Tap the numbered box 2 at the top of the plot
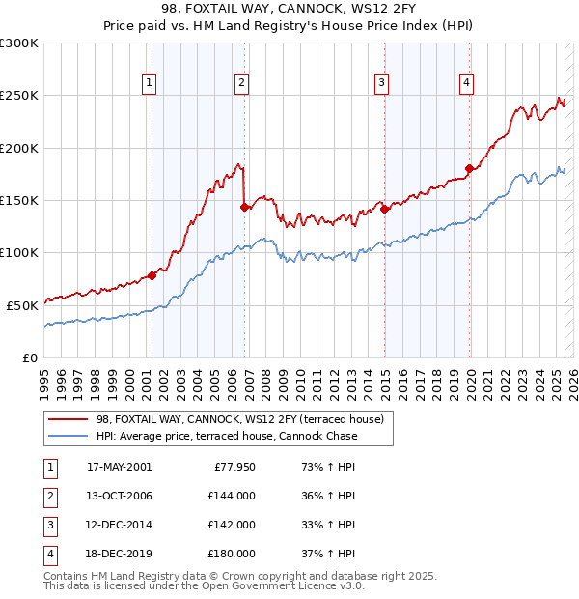click(241, 84)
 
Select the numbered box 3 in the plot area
click(382, 84)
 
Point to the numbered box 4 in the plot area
click(466, 84)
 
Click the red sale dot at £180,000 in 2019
click(470, 169)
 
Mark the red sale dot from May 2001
click(152, 276)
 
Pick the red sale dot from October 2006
click(244, 207)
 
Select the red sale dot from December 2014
click(384, 209)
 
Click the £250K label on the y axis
click(19, 96)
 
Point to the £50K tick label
click(22, 305)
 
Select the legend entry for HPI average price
click(227, 436)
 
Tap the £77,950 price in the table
click(233, 466)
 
